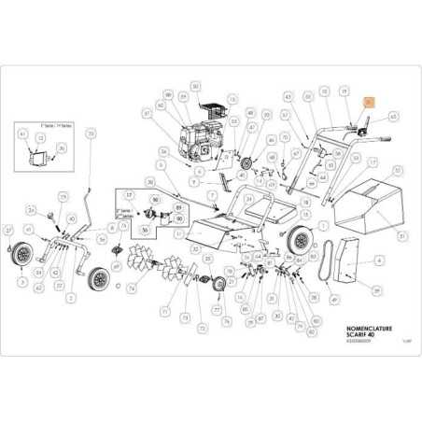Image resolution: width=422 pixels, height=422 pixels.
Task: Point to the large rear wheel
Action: [x=301, y=236]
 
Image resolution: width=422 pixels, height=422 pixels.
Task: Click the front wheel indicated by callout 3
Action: [x=20, y=252]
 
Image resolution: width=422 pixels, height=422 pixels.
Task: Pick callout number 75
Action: [x=91, y=134]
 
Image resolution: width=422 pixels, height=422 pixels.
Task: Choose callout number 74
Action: [x=132, y=289]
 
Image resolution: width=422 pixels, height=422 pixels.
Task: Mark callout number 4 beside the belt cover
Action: [x=378, y=265]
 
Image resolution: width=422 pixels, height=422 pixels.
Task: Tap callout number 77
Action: [x=217, y=308]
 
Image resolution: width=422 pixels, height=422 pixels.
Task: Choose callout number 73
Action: [x=201, y=329]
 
